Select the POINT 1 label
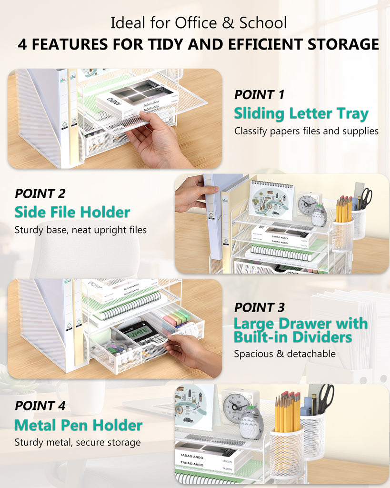pyautogui.click(x=259, y=94)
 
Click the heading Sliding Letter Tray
pyautogui.click(x=301, y=113)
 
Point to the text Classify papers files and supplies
pyautogui.click(x=306, y=131)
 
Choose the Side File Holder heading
pyautogui.click(x=72, y=212)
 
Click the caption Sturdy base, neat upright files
pyautogui.click(x=80, y=230)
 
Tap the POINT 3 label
pyautogui.click(x=259, y=307)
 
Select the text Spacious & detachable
pyautogui.click(x=284, y=354)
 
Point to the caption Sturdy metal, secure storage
pyautogui.click(x=78, y=442)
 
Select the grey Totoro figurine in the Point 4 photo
pyautogui.click(x=250, y=422)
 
